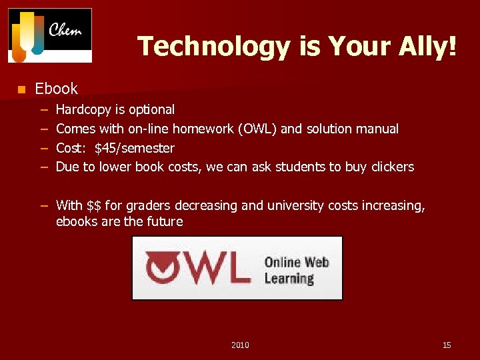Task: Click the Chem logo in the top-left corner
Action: coord(50,35)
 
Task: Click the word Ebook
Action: coord(56,89)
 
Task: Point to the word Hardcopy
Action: coord(83,109)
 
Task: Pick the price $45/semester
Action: coord(135,148)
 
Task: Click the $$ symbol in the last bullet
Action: coord(95,205)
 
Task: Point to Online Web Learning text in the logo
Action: coord(297,270)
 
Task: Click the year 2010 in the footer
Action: coord(240,345)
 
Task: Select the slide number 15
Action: coord(447,345)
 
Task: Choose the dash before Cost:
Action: coord(43,148)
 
